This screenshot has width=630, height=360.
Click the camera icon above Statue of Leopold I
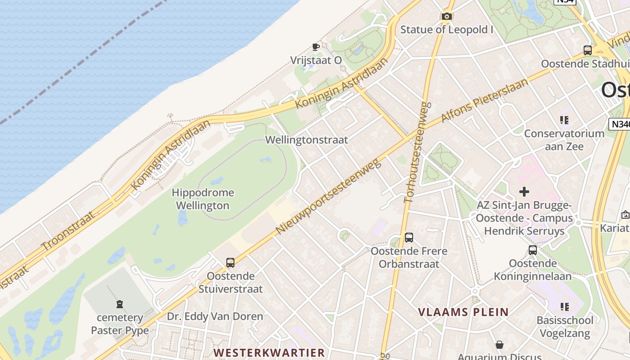(x=446, y=17)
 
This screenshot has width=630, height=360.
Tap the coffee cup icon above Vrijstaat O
(x=316, y=47)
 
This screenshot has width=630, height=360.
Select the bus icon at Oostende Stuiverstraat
(x=230, y=262)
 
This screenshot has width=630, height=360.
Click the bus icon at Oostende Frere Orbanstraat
(x=409, y=237)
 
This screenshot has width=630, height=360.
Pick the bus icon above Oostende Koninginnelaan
(x=533, y=250)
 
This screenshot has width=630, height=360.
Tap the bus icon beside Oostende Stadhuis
(x=587, y=50)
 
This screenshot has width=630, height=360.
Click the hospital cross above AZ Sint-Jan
(x=524, y=192)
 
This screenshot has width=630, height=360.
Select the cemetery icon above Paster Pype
(x=120, y=304)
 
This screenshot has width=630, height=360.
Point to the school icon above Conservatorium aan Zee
(x=564, y=120)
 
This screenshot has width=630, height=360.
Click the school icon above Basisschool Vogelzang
(x=565, y=307)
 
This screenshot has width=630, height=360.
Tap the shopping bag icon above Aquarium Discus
(x=499, y=345)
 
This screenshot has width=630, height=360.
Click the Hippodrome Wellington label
(x=202, y=199)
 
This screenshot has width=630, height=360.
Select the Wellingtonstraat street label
(x=306, y=140)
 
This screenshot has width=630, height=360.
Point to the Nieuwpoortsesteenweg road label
(x=328, y=197)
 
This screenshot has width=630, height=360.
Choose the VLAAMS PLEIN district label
(x=463, y=312)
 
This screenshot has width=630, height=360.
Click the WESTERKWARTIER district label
(x=269, y=352)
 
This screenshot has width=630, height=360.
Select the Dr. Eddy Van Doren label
(x=215, y=316)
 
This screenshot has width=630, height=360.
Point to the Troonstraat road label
(x=68, y=231)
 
